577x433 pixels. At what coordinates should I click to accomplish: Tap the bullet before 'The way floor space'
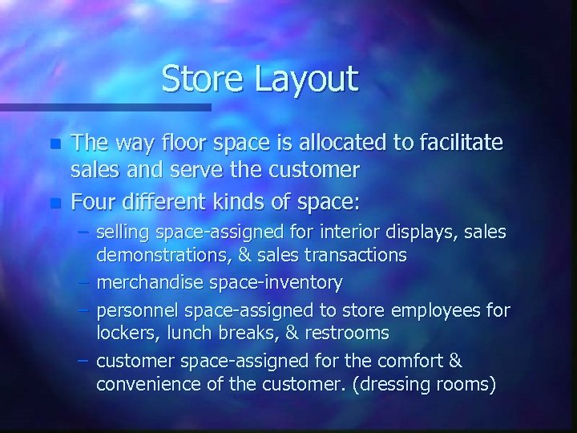pyautogui.click(x=54, y=145)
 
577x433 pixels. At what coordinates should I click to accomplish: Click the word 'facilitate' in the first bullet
pyautogui.click(x=458, y=143)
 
